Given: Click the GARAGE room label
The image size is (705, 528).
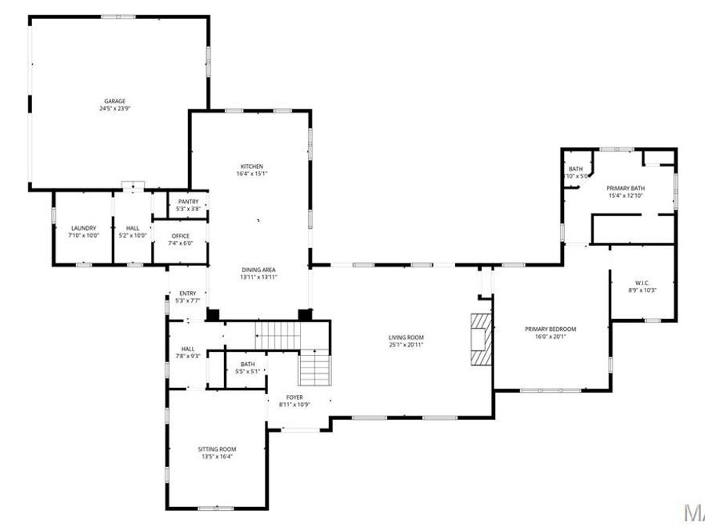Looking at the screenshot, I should point(115,101).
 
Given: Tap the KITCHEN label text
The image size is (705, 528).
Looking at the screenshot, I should point(251,167).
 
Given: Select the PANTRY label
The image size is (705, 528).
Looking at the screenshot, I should point(188,202).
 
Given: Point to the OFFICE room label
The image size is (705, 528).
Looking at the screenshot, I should point(179,235).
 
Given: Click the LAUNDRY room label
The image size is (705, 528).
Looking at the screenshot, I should point(83,228).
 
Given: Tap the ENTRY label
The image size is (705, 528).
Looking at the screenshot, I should point(188,293).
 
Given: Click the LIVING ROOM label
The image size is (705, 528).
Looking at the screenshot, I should point(406,337).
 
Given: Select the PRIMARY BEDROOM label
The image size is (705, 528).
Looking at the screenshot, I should point(550,329).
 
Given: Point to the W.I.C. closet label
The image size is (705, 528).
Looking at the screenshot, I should point(643,282).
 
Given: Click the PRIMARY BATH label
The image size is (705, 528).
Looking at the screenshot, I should point(625,188).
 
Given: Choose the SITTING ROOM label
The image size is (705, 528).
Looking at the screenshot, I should point(217,449).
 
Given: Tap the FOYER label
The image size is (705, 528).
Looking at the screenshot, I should point(295,397).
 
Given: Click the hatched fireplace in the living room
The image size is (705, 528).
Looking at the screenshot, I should point(479,339).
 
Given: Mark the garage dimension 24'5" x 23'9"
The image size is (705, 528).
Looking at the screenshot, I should point(115,109).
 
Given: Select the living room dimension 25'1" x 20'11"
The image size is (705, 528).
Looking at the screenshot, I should point(406,345).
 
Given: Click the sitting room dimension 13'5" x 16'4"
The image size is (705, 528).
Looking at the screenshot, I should point(217,457).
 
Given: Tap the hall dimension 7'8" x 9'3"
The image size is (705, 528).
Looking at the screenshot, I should point(188,357).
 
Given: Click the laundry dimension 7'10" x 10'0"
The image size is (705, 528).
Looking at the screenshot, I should point(83,235).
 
